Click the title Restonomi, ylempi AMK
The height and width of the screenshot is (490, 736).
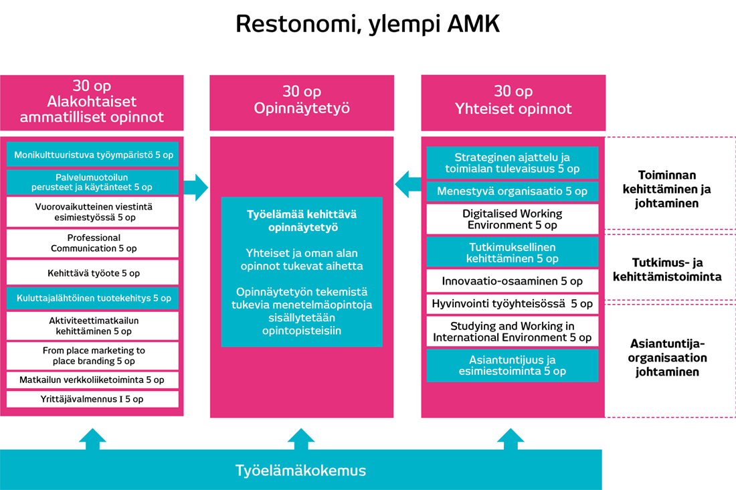367,25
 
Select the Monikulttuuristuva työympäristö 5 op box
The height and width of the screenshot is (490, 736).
93,154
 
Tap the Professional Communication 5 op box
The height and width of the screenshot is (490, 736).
93,243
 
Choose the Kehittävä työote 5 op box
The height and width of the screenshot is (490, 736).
93,273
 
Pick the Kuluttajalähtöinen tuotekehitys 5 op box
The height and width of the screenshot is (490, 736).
93,298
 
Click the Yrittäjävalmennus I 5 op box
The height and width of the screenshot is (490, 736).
93,399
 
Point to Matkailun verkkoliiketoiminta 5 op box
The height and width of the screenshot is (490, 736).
93,380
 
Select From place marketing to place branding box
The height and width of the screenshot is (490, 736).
93,355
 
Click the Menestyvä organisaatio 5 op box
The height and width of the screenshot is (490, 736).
512,191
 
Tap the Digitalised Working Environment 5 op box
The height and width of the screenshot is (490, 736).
512,219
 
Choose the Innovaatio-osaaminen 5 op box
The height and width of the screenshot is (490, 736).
512,281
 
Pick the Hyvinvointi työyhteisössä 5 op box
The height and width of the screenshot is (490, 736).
512,304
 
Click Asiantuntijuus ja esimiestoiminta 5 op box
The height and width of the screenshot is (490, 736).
512,365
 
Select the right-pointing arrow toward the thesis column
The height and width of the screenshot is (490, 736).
195,187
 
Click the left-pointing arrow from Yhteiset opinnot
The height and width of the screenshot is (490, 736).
407,184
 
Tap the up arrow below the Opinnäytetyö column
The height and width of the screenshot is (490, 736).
301,439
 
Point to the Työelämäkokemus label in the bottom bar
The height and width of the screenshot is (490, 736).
300,470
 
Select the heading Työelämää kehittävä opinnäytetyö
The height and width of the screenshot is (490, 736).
301,222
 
